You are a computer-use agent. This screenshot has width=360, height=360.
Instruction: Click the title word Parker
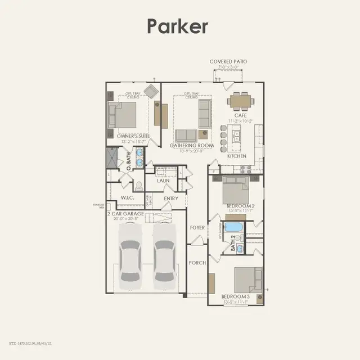[x=178, y=26]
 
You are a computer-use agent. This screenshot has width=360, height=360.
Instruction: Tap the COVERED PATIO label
[x=228, y=61]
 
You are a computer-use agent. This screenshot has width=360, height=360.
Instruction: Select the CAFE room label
[x=240, y=115]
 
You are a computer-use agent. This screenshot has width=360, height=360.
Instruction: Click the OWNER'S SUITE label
[x=133, y=136]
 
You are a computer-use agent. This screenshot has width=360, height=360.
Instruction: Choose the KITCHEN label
[x=237, y=156]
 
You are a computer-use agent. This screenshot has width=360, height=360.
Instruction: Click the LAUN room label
[x=163, y=181]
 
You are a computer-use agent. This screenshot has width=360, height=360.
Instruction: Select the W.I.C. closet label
[x=127, y=198]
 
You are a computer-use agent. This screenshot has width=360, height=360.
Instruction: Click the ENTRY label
[x=170, y=199]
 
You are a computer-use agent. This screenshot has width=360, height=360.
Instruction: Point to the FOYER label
[x=197, y=227]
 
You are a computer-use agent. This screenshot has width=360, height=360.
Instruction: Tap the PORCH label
[x=197, y=263]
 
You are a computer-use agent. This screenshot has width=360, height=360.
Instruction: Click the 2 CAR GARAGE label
[x=126, y=214]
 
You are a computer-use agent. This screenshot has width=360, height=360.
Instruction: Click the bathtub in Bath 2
[x=233, y=228]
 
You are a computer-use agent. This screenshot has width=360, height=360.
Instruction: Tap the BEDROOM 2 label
[x=240, y=206]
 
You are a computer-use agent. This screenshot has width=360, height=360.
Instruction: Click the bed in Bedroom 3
[x=247, y=279]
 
